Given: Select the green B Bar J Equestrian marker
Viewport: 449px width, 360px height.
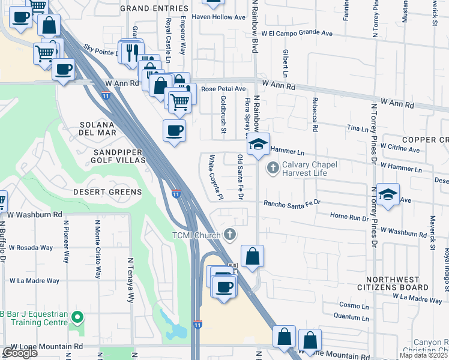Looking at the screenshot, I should click(x=76, y=316).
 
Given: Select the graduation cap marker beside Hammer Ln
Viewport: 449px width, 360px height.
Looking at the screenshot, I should click(x=258, y=145).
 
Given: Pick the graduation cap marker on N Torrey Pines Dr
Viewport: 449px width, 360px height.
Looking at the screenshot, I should click(x=388, y=194).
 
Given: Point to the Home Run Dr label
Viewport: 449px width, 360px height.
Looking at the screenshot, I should click(x=349, y=217).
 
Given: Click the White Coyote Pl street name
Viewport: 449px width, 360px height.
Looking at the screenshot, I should click(x=215, y=178).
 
